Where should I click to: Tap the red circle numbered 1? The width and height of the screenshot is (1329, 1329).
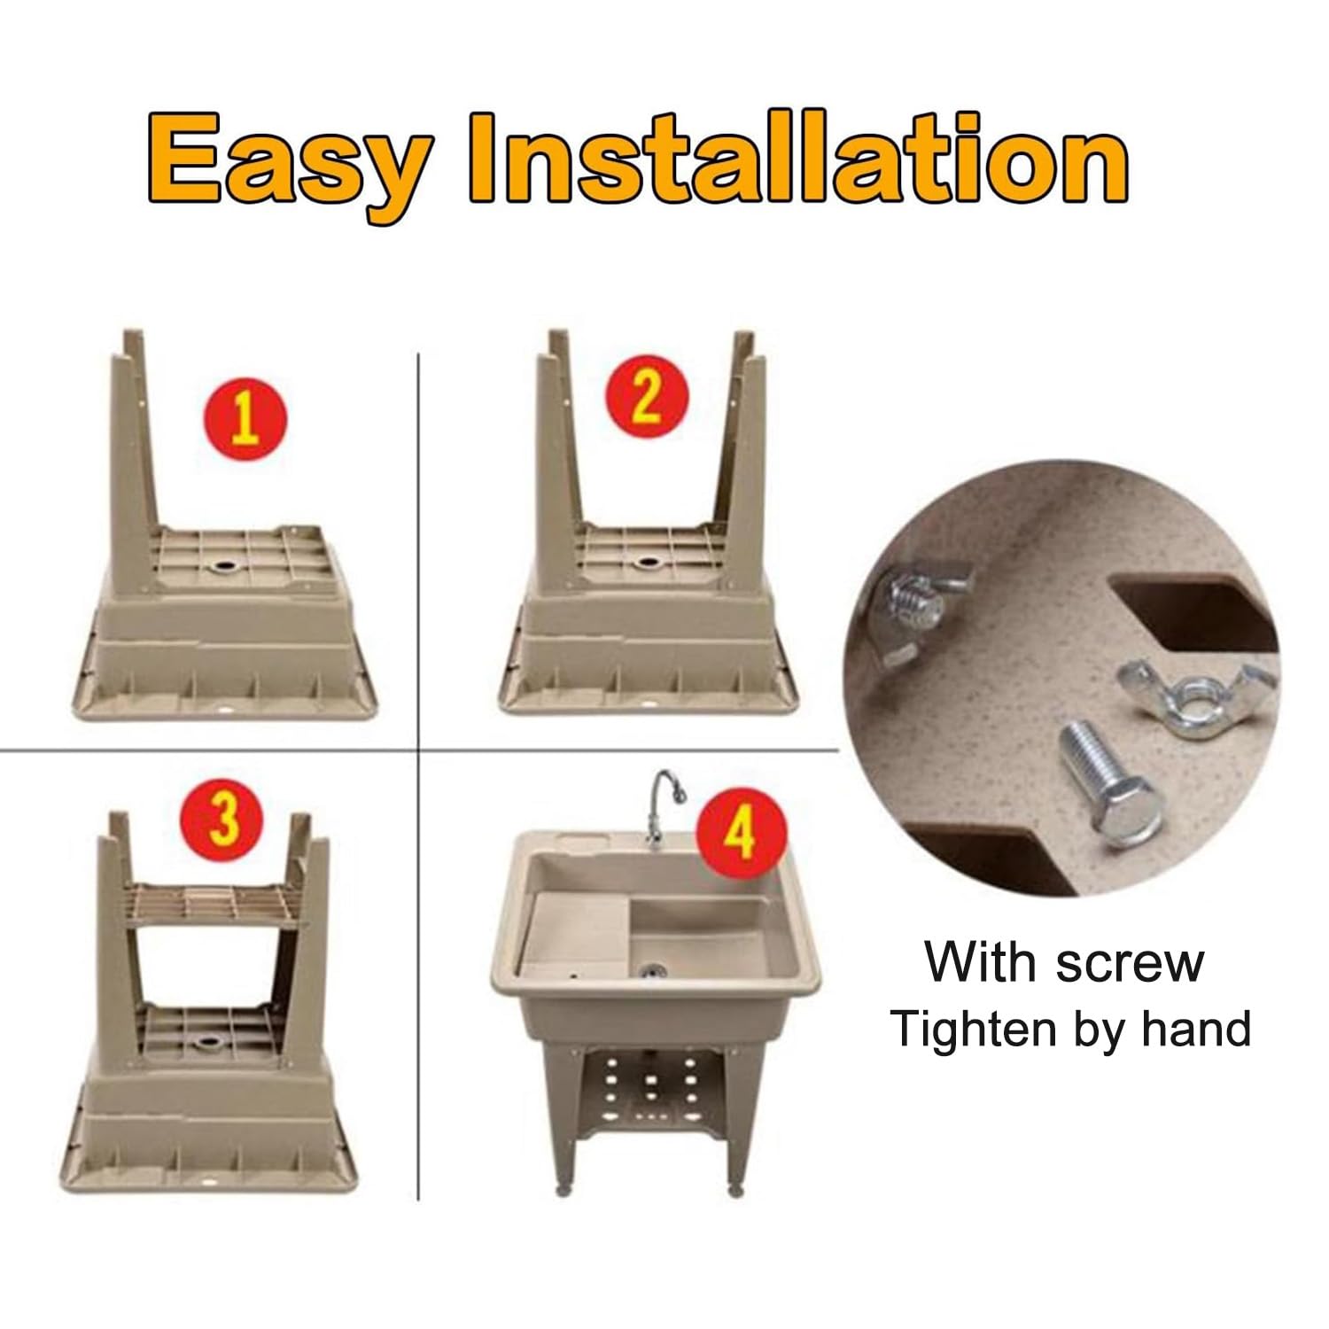[246, 418]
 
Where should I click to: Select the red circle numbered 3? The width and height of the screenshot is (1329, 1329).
[225, 821]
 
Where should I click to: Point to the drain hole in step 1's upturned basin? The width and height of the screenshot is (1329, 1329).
[225, 564]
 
